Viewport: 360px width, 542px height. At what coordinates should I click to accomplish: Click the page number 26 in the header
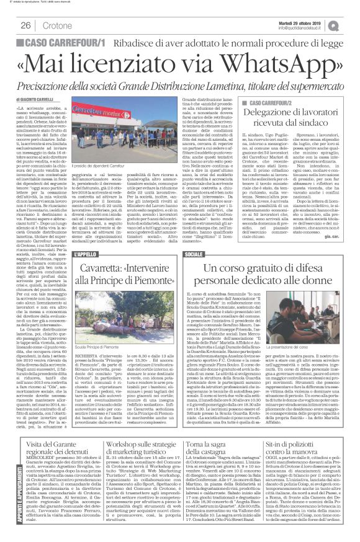pyautogui.click(x=26, y=25)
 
